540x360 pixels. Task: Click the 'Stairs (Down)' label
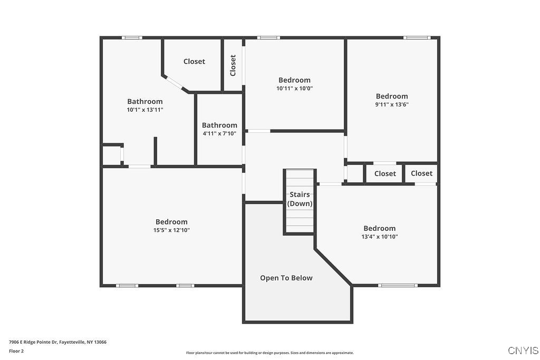[x=300, y=199]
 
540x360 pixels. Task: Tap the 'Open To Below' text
[x=286, y=278]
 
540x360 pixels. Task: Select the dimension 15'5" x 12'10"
[x=171, y=230]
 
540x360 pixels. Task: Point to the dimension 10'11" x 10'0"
[x=294, y=89]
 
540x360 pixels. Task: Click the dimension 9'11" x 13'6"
[x=392, y=104]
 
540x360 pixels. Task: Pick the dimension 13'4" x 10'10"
[x=379, y=237]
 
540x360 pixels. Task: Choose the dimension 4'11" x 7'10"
[x=219, y=133]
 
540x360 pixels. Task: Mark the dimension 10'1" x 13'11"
[x=145, y=110]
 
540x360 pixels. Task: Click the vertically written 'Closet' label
[x=233, y=65]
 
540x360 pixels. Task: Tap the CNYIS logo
[x=523, y=350]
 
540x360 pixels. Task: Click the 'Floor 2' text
[x=16, y=351]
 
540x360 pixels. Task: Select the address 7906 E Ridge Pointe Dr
[x=57, y=342]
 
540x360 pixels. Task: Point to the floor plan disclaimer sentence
[x=269, y=353]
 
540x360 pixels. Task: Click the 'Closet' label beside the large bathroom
[x=194, y=62]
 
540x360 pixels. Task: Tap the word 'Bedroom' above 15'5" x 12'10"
[x=171, y=222]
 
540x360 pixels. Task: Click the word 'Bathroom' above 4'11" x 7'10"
[x=219, y=125]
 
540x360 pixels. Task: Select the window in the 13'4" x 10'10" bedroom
[x=398, y=285]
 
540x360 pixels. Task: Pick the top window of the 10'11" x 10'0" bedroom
[x=268, y=37]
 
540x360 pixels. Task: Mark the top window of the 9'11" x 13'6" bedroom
[x=417, y=37]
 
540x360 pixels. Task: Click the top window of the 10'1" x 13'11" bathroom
[x=132, y=37]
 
